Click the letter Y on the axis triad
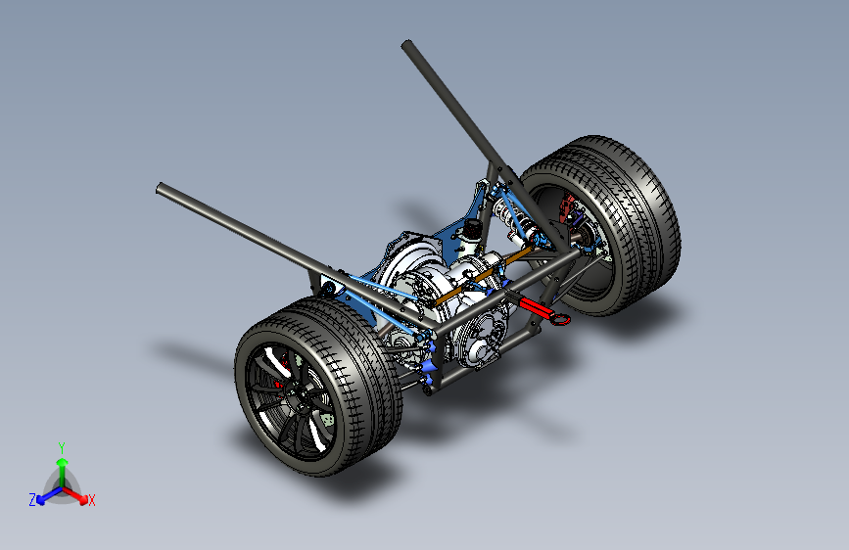tap(62, 447)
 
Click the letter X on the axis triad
tap(91, 500)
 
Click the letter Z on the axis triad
tap(32, 500)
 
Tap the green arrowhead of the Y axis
tap(63, 462)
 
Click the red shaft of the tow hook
tap(536, 306)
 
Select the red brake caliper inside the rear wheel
tap(566, 207)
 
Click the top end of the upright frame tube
tap(407, 44)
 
